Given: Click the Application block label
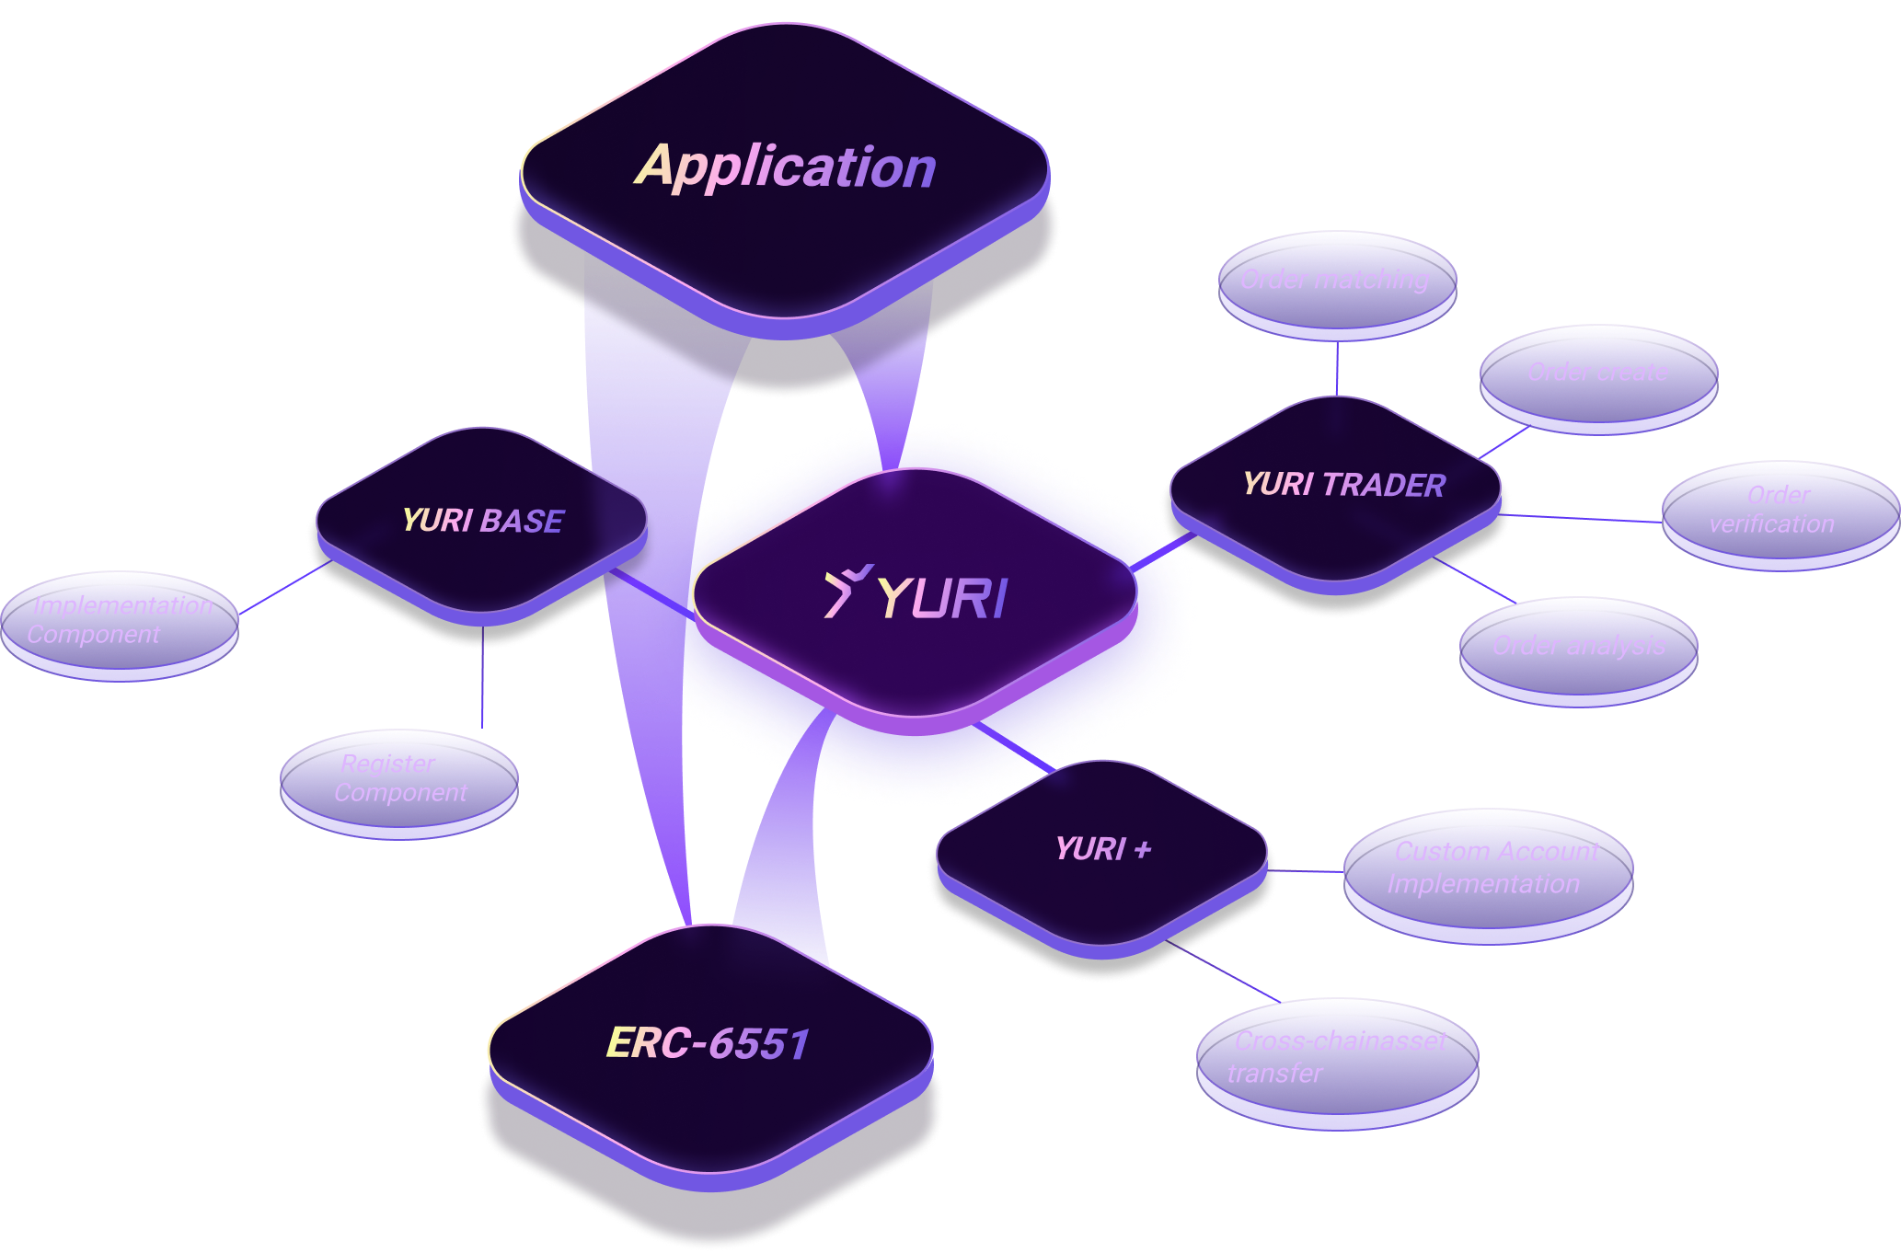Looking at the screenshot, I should [x=785, y=167].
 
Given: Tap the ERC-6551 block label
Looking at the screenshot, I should [x=708, y=1043].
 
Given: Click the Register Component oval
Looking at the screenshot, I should [x=399, y=779].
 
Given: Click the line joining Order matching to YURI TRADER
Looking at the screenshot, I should [x=1337, y=368].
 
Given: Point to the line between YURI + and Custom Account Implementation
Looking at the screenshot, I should [x=1307, y=870].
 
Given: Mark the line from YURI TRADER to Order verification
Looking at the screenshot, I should [x=1583, y=519].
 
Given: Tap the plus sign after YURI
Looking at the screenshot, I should [x=1143, y=849].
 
